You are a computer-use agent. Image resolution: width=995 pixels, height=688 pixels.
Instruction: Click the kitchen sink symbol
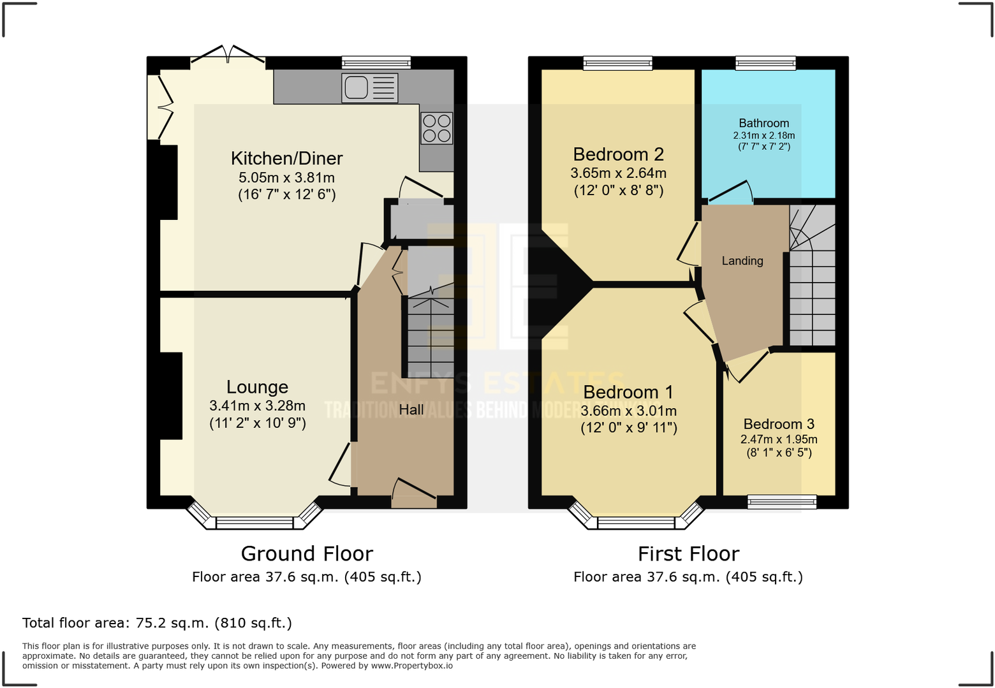click(x=369, y=88)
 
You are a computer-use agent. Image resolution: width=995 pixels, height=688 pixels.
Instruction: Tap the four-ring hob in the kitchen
click(x=437, y=128)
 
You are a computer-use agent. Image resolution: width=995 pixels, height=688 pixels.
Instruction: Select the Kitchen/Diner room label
click(x=286, y=158)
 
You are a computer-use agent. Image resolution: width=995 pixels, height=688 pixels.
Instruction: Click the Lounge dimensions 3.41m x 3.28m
click(x=257, y=406)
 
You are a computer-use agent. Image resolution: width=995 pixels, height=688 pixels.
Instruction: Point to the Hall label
click(x=411, y=409)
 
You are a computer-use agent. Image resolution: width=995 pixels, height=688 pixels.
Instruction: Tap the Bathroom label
click(x=763, y=123)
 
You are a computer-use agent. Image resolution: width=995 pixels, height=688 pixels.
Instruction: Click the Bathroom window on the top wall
click(x=765, y=62)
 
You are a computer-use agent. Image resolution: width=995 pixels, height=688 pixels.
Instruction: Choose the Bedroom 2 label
click(x=618, y=154)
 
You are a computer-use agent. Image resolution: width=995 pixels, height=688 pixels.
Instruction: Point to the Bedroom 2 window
click(x=617, y=62)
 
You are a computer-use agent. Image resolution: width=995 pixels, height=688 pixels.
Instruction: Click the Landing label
click(x=742, y=261)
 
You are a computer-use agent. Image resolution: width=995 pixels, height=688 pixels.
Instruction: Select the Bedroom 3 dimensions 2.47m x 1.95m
click(x=778, y=439)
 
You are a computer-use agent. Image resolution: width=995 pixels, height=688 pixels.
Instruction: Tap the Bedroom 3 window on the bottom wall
click(x=782, y=502)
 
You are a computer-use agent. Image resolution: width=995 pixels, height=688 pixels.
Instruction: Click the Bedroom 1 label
click(x=628, y=392)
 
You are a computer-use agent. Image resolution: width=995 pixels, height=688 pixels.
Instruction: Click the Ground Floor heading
click(x=307, y=553)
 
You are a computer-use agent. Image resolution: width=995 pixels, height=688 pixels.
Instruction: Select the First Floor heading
click(x=688, y=553)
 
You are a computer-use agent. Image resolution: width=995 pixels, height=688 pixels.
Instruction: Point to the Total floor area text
click(x=157, y=623)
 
